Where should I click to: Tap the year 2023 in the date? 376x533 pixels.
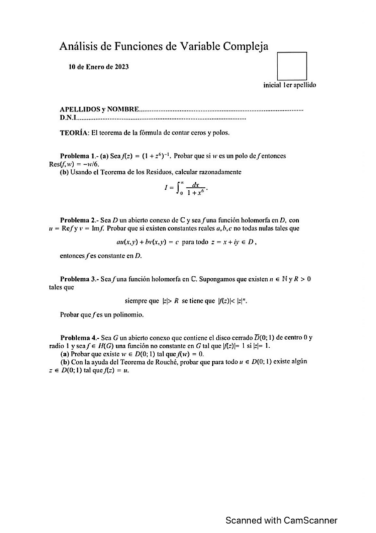tap(120, 67)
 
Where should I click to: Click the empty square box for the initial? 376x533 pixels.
tap(291, 66)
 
